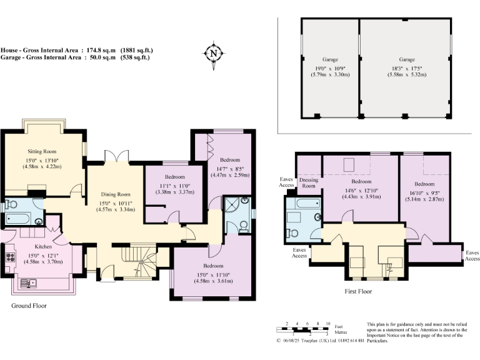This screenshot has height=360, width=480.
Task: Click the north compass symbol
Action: (x=213, y=54)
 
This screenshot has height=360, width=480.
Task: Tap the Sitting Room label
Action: (x=42, y=151)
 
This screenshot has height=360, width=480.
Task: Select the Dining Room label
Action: (x=116, y=194)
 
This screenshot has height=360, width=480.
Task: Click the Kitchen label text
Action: (x=43, y=246)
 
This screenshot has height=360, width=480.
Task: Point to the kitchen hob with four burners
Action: (x=11, y=257)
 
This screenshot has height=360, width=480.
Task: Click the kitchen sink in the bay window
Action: (x=29, y=284)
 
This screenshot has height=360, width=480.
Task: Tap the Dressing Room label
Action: (x=309, y=182)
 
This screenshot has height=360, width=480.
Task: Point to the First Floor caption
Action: (x=358, y=291)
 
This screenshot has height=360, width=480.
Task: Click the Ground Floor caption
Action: (x=29, y=306)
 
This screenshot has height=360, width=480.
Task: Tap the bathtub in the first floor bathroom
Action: (x=308, y=203)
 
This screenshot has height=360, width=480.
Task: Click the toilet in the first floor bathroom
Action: (x=292, y=233)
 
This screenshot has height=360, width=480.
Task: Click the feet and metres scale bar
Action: (x=302, y=330)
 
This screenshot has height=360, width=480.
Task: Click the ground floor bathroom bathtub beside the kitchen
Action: (x=18, y=218)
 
